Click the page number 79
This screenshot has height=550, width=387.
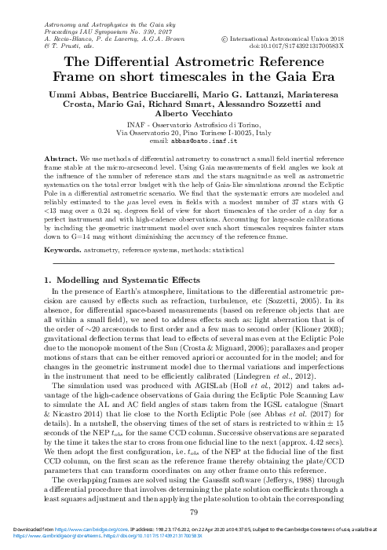(x=193, y=513)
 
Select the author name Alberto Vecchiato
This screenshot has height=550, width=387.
(x=194, y=114)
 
